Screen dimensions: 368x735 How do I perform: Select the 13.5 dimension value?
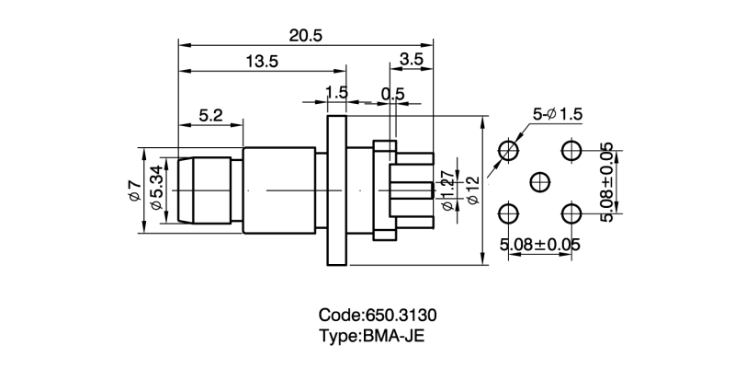[262, 62]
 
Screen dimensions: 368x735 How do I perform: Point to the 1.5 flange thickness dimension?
[336, 92]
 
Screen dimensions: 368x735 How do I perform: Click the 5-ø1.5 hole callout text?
[558, 114]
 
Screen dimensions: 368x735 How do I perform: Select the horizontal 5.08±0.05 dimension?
[539, 246]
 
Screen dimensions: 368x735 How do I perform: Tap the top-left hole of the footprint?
[507, 150]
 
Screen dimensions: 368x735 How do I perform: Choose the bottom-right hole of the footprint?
[571, 214]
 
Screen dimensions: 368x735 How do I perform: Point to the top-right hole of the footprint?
[571, 150]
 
